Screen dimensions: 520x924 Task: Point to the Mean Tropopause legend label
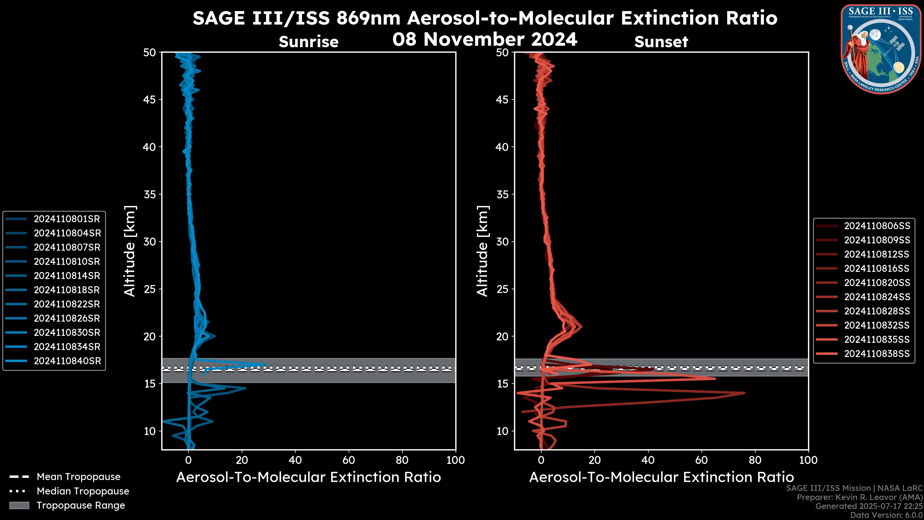[78, 477]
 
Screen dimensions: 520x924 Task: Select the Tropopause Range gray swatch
[19, 505]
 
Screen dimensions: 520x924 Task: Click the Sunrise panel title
[308, 42]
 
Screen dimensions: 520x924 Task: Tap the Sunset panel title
[661, 42]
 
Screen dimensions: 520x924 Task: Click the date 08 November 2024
[485, 39]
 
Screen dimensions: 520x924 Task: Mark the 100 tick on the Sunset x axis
[808, 461]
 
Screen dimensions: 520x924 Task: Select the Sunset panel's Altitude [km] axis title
[482, 251]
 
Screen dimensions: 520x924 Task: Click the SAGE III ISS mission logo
[882, 49]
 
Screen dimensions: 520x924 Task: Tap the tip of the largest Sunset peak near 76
[745, 393]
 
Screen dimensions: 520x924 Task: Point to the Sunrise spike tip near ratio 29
[265, 364]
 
